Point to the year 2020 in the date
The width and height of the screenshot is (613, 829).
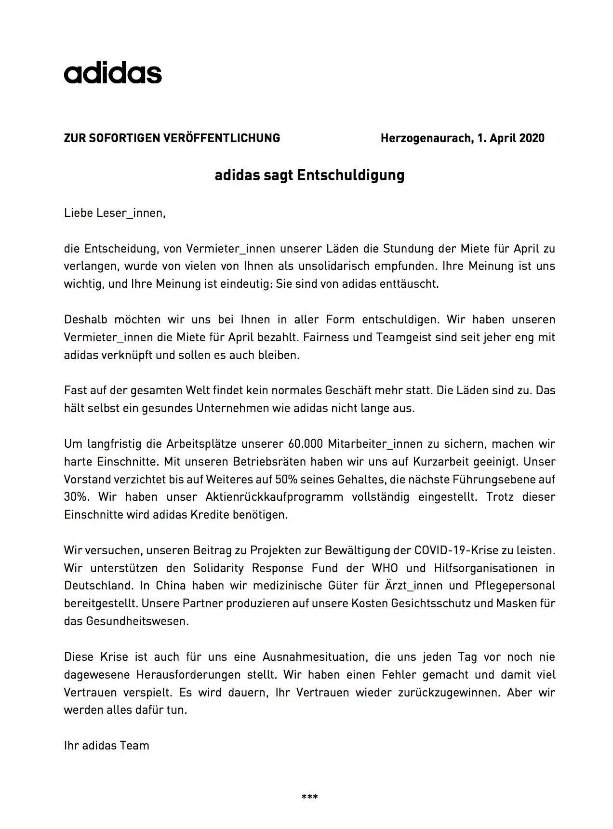pyautogui.click(x=532, y=138)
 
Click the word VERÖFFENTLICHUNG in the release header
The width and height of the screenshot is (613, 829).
pyautogui.click(x=222, y=138)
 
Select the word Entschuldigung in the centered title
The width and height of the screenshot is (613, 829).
pyautogui.click(x=350, y=175)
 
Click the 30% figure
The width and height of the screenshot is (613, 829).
pyautogui.click(x=76, y=497)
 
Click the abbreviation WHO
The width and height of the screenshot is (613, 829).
pyautogui.click(x=385, y=568)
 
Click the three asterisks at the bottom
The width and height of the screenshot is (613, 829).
pyautogui.click(x=309, y=797)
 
